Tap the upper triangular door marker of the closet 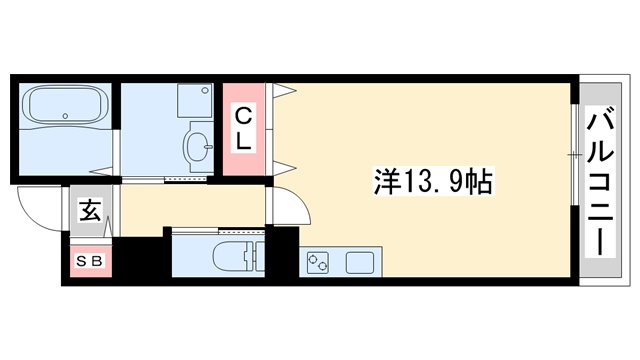[x=283, y=93]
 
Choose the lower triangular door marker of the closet [x=283, y=166]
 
